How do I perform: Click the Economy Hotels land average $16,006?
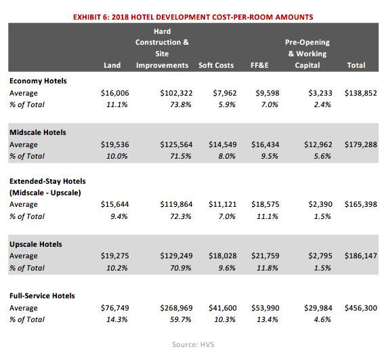(115, 93)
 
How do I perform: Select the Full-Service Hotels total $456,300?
(361, 308)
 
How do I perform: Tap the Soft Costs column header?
(216, 65)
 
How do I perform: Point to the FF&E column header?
(259, 65)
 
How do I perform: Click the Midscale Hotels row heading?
(38, 132)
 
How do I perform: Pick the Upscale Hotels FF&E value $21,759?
(265, 256)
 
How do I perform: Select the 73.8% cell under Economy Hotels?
(181, 104)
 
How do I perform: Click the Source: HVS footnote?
(193, 344)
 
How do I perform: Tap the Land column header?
(112, 65)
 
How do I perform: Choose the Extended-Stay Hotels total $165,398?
(361, 204)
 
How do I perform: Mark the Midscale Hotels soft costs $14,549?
(223, 144)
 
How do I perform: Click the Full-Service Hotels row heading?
(42, 296)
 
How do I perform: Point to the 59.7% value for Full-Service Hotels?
(181, 319)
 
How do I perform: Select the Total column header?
(356, 65)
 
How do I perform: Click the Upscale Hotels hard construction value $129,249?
(176, 256)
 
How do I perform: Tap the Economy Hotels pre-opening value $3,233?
(320, 93)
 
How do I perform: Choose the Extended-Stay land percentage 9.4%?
(119, 216)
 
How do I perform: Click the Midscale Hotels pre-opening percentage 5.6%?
(322, 156)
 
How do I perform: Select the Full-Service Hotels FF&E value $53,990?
(265, 308)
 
